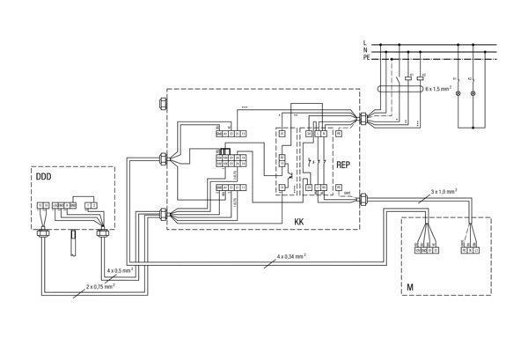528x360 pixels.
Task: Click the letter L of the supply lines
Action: tap(364, 42)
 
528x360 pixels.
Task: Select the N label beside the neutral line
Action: tap(364, 50)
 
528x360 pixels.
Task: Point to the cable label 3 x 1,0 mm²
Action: tap(445, 190)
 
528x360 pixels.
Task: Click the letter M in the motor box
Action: tap(410, 288)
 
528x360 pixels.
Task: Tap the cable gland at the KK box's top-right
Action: tap(363, 115)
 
